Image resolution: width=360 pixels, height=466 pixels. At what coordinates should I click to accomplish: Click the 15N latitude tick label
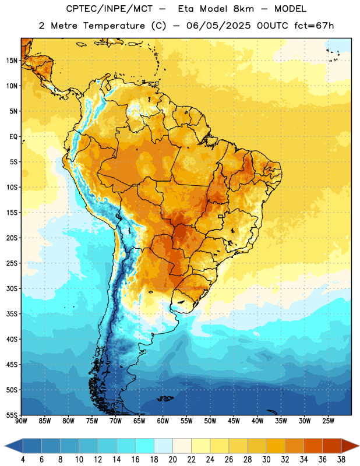(12, 61)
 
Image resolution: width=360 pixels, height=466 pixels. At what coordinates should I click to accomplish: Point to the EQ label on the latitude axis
(13, 137)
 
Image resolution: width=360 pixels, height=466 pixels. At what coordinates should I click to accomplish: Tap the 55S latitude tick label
(12, 415)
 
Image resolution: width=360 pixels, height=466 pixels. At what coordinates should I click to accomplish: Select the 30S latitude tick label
(12, 288)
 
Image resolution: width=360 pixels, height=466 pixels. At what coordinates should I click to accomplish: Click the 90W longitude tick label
(22, 421)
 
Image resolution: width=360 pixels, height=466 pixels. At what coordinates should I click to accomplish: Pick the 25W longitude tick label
(328, 421)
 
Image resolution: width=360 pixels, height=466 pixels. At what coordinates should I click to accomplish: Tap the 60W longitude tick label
(163, 421)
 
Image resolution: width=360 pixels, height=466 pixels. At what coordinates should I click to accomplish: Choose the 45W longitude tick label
(234, 421)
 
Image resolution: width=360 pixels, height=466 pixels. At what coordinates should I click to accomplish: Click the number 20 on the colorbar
(172, 460)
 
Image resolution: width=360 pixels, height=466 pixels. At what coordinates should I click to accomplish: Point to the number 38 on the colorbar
(341, 460)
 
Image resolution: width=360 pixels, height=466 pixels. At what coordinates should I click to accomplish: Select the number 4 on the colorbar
(23, 460)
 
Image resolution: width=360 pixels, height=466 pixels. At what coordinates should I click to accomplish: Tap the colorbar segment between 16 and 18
(144, 446)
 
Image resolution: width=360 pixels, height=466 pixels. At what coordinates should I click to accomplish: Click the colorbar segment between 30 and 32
(276, 446)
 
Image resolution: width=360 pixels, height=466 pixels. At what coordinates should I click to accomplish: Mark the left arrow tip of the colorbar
(5, 446)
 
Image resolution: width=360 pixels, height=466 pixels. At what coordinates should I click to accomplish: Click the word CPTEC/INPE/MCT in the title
(110, 9)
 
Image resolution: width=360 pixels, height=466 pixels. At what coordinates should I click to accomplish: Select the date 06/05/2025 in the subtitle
(218, 26)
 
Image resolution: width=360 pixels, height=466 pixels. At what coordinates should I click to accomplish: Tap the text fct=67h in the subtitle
(314, 26)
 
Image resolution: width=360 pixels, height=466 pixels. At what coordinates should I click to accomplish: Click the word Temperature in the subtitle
(114, 26)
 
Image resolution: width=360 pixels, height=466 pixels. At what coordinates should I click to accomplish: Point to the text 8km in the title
(243, 9)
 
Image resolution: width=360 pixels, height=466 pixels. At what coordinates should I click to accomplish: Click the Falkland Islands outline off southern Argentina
(165, 398)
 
